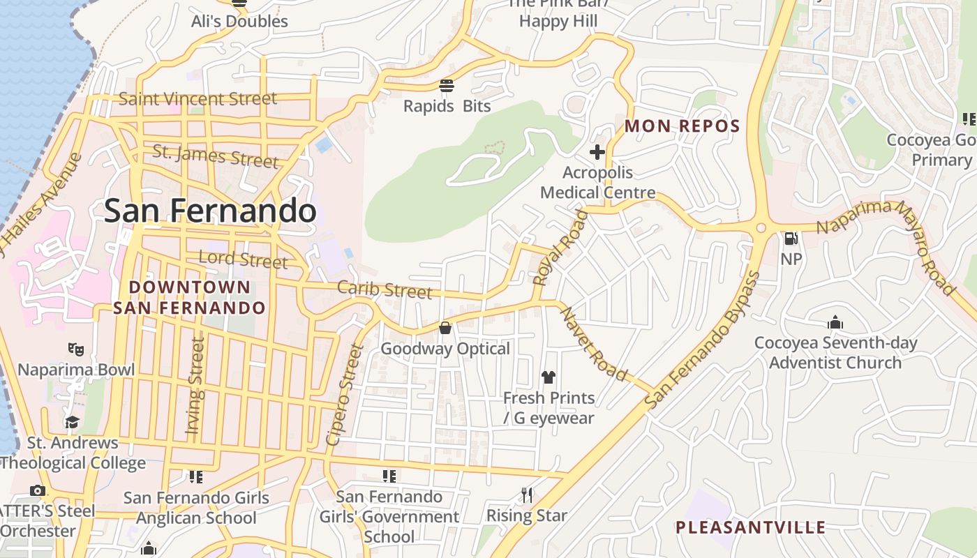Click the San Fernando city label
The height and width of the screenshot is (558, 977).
[x=210, y=211]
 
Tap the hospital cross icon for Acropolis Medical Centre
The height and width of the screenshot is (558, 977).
[x=597, y=151]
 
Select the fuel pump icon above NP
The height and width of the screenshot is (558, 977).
[x=791, y=239]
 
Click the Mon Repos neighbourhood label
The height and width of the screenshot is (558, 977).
[x=682, y=126]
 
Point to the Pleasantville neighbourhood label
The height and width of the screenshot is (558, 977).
[x=750, y=527]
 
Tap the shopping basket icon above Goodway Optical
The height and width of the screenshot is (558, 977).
[x=445, y=328]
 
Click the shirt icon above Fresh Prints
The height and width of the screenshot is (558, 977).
[x=549, y=377]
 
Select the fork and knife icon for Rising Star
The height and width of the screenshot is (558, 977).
[x=527, y=495]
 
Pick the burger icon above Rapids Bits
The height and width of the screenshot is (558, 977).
[x=447, y=86]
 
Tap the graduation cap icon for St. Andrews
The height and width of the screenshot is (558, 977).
[x=72, y=422]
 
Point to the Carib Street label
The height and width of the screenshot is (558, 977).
[x=385, y=289]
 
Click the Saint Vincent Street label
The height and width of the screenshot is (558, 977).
[x=197, y=99]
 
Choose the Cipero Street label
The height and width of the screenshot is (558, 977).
[x=345, y=395]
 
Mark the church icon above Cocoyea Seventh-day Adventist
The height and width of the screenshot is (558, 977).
[x=835, y=323]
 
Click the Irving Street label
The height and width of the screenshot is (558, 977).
[x=195, y=386]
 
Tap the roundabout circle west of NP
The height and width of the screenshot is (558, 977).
[x=761, y=228]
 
